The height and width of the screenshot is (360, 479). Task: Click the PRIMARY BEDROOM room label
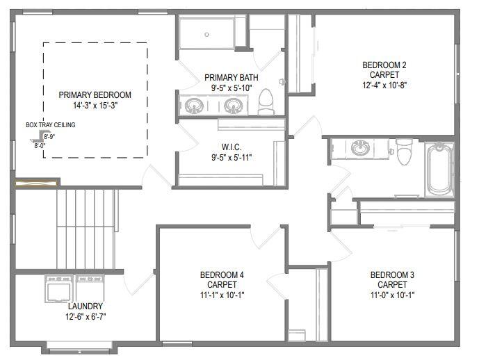[95, 95]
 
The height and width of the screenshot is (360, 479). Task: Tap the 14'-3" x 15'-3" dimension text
[95, 106]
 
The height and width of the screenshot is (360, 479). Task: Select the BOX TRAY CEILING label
[51, 125]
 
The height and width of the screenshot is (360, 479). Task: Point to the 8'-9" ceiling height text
[49, 137]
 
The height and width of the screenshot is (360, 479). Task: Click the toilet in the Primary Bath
[266, 103]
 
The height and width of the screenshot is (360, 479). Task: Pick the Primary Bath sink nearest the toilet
[233, 106]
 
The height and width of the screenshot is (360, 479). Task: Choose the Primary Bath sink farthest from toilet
[193, 106]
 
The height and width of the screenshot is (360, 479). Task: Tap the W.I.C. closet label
[231, 147]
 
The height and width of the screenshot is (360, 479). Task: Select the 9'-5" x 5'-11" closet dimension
[231, 157]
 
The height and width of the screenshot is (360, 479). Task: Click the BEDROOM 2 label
[384, 65]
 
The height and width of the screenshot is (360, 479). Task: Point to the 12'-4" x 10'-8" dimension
[384, 85]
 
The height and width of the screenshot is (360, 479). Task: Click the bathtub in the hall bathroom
[439, 169]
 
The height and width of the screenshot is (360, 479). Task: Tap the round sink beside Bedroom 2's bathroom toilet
[361, 148]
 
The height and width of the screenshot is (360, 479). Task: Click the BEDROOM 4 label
[222, 274]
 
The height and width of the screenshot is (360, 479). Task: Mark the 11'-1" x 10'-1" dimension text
[222, 294]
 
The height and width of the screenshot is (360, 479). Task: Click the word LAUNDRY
[86, 306]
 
